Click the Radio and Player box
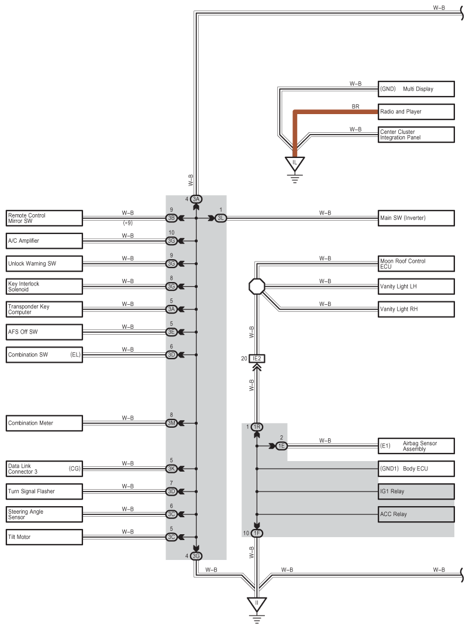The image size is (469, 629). click(x=416, y=112)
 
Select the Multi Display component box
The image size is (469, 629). click(x=416, y=89)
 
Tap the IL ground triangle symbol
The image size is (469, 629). click(x=295, y=163)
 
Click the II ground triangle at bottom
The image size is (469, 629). click(x=257, y=604)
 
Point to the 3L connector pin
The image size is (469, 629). click(x=220, y=218)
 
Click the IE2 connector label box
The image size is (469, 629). click(x=257, y=359)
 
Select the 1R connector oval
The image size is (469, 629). click(x=257, y=427)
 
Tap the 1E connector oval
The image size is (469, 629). click(x=281, y=446)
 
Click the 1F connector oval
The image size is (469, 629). click(x=257, y=533)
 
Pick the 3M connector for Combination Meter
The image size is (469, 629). click(x=171, y=423)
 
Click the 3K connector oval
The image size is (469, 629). click(x=171, y=469)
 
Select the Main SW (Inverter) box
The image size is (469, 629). click(x=416, y=218)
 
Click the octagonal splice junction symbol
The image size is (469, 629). click(x=257, y=287)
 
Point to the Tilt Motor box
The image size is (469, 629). click(x=44, y=537)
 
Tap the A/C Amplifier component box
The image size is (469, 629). click(x=44, y=241)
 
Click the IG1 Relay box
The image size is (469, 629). click(x=416, y=491)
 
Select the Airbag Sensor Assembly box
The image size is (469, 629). click(x=416, y=446)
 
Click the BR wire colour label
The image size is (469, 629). click(x=356, y=106)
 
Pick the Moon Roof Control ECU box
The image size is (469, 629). click(x=416, y=263)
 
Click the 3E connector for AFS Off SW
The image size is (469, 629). click(x=171, y=332)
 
